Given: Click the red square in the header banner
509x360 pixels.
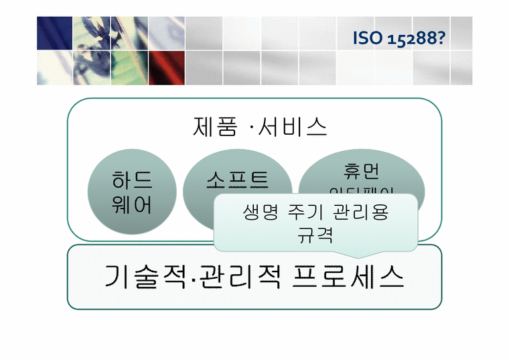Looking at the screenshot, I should click(x=166, y=68).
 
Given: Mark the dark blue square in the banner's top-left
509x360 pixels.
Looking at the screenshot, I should click(x=54, y=32).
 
